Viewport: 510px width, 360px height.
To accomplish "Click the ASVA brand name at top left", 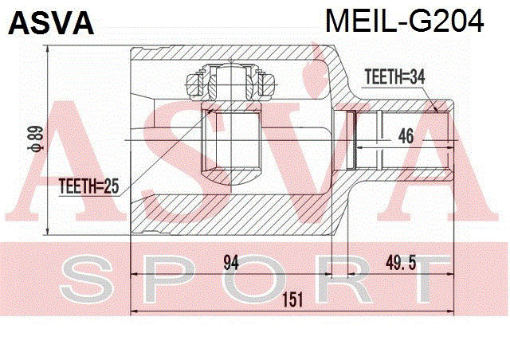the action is (51, 23).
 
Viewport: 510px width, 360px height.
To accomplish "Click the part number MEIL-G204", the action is (405, 21).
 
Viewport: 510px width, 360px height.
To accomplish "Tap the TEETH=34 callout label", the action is (394, 77).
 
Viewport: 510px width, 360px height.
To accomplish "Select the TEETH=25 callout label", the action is (88, 186).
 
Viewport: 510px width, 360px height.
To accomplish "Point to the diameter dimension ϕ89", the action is (36, 139).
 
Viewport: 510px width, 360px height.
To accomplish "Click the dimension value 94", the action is (231, 263).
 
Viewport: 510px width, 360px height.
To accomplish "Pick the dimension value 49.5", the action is (401, 263).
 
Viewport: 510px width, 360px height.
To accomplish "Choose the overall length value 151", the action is (292, 299).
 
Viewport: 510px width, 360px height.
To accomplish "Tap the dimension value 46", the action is (406, 135).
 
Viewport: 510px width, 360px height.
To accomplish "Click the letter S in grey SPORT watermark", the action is (86, 279).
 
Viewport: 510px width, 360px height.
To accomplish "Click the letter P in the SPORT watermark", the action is (169, 279).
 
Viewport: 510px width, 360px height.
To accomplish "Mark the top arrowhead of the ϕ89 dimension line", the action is (48, 49).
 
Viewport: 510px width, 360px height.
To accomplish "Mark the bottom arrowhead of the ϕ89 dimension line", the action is (48, 231).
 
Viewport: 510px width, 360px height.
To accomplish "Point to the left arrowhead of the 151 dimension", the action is (134, 311).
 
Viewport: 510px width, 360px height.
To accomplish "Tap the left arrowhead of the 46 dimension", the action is (359, 147).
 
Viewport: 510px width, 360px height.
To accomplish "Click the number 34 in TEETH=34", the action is (417, 77).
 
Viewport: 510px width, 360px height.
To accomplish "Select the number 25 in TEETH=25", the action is (111, 186).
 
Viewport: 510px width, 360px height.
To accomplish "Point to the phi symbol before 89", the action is (36, 148).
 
